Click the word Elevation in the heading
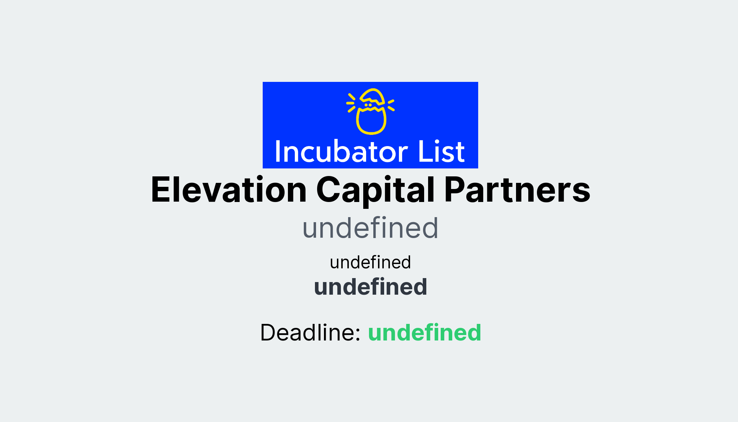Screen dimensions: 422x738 (228, 190)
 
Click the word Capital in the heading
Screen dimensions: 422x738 (375, 190)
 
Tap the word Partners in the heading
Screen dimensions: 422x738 (517, 190)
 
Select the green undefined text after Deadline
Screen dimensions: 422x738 (424, 332)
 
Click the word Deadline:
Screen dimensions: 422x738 (310, 332)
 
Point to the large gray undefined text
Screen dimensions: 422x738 (370, 228)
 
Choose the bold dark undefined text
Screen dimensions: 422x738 (370, 287)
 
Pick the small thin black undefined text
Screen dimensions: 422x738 (370, 262)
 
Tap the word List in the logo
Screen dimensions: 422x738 (441, 151)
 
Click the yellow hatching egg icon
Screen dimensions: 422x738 (371, 111)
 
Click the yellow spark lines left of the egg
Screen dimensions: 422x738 (351, 103)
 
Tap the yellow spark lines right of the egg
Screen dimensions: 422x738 (391, 105)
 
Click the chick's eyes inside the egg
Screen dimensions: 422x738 (368, 105)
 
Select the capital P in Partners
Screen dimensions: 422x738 (454, 190)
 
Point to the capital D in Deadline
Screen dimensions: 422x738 (269, 332)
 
